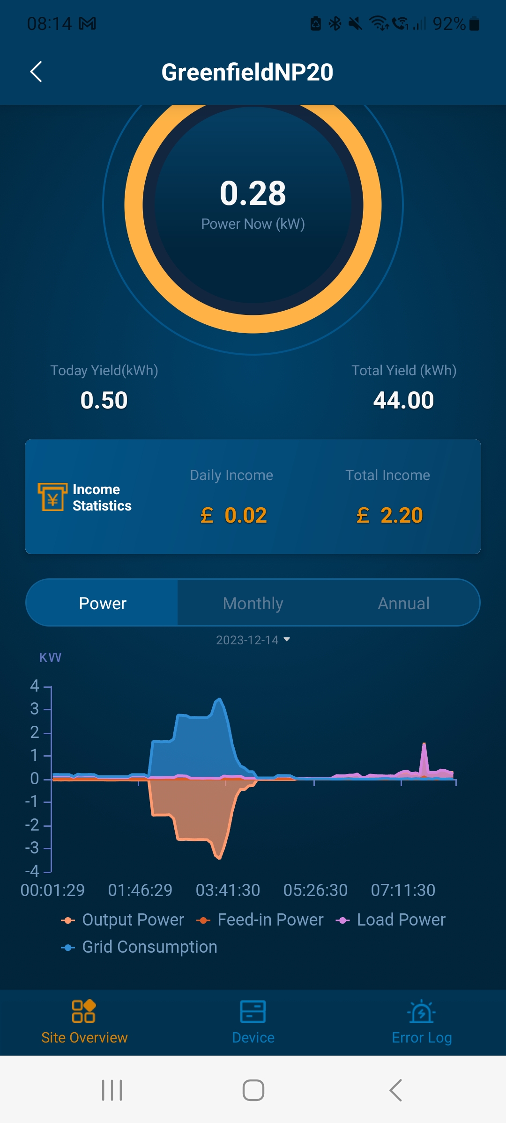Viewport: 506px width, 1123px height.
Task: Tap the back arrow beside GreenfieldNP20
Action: pos(36,72)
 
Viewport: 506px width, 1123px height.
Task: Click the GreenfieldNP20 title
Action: pos(247,73)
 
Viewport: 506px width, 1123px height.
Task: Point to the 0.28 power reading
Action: pos(253,193)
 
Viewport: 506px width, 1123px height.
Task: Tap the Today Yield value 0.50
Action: pos(104,401)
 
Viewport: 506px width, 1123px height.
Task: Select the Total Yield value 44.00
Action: pos(403,401)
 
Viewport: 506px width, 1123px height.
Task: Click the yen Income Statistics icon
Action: pos(52,497)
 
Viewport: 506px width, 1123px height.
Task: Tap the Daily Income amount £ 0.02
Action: pos(234,516)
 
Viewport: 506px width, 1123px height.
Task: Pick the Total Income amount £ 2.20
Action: pos(390,516)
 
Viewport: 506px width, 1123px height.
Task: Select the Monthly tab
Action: pos(253,603)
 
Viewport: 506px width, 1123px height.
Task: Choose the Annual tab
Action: pos(403,603)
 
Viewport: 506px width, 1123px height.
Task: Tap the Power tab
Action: pos(103,603)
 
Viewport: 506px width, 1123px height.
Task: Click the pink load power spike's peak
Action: pos(424,744)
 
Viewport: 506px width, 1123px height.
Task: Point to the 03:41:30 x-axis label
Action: pos(228,890)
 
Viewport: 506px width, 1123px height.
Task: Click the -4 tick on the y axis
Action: pos(32,871)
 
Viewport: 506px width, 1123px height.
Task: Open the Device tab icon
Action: pos(253,1012)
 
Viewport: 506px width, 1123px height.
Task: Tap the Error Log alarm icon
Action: pos(422,1012)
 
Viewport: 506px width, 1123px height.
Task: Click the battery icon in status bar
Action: pos(474,23)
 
